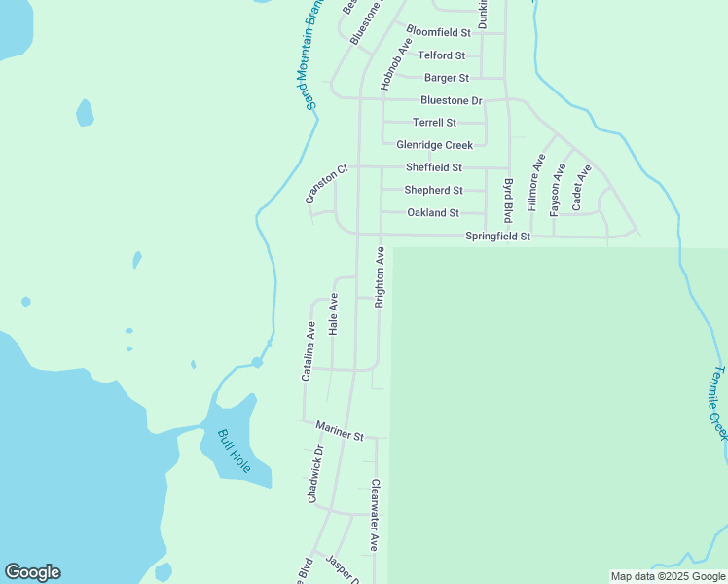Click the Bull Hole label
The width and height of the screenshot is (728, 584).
[235, 452]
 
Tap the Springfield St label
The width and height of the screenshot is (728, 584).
[497, 237]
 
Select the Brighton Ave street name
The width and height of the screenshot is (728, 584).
[381, 277]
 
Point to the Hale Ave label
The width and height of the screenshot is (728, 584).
[334, 313]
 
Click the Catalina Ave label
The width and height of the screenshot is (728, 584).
[309, 350]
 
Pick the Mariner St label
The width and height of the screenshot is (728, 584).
[339, 431]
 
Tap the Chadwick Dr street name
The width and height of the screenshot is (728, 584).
[315, 474]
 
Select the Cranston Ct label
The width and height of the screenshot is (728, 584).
[326, 185]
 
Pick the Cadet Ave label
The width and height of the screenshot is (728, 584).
[581, 188]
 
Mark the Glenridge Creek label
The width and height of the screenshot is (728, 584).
[434, 145]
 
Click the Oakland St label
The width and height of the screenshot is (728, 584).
[432, 212]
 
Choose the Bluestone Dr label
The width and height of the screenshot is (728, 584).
[451, 100]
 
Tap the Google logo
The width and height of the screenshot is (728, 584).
[32, 572]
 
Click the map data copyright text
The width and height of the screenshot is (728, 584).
[667, 576]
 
